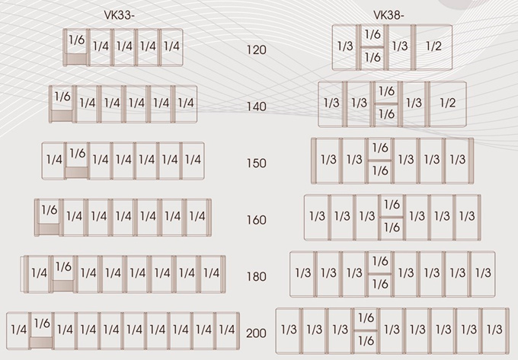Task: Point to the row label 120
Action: point(257,50)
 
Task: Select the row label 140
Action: point(257,107)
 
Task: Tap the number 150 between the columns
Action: point(257,163)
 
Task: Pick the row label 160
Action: point(257,220)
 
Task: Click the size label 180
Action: point(257,276)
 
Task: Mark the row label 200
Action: point(257,333)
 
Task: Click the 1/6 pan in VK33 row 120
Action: point(76,40)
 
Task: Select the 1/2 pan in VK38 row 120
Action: point(433,46)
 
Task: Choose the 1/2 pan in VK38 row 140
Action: point(447,103)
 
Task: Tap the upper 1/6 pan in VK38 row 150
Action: point(379,148)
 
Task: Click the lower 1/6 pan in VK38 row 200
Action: point(366,340)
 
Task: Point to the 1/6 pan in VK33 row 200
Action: point(41,324)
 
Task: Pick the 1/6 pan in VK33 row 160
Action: point(49,209)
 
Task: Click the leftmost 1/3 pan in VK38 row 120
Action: point(345,46)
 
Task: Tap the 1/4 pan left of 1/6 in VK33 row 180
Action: point(40,272)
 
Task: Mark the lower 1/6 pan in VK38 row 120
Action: point(372,57)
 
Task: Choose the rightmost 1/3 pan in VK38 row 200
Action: point(494,330)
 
